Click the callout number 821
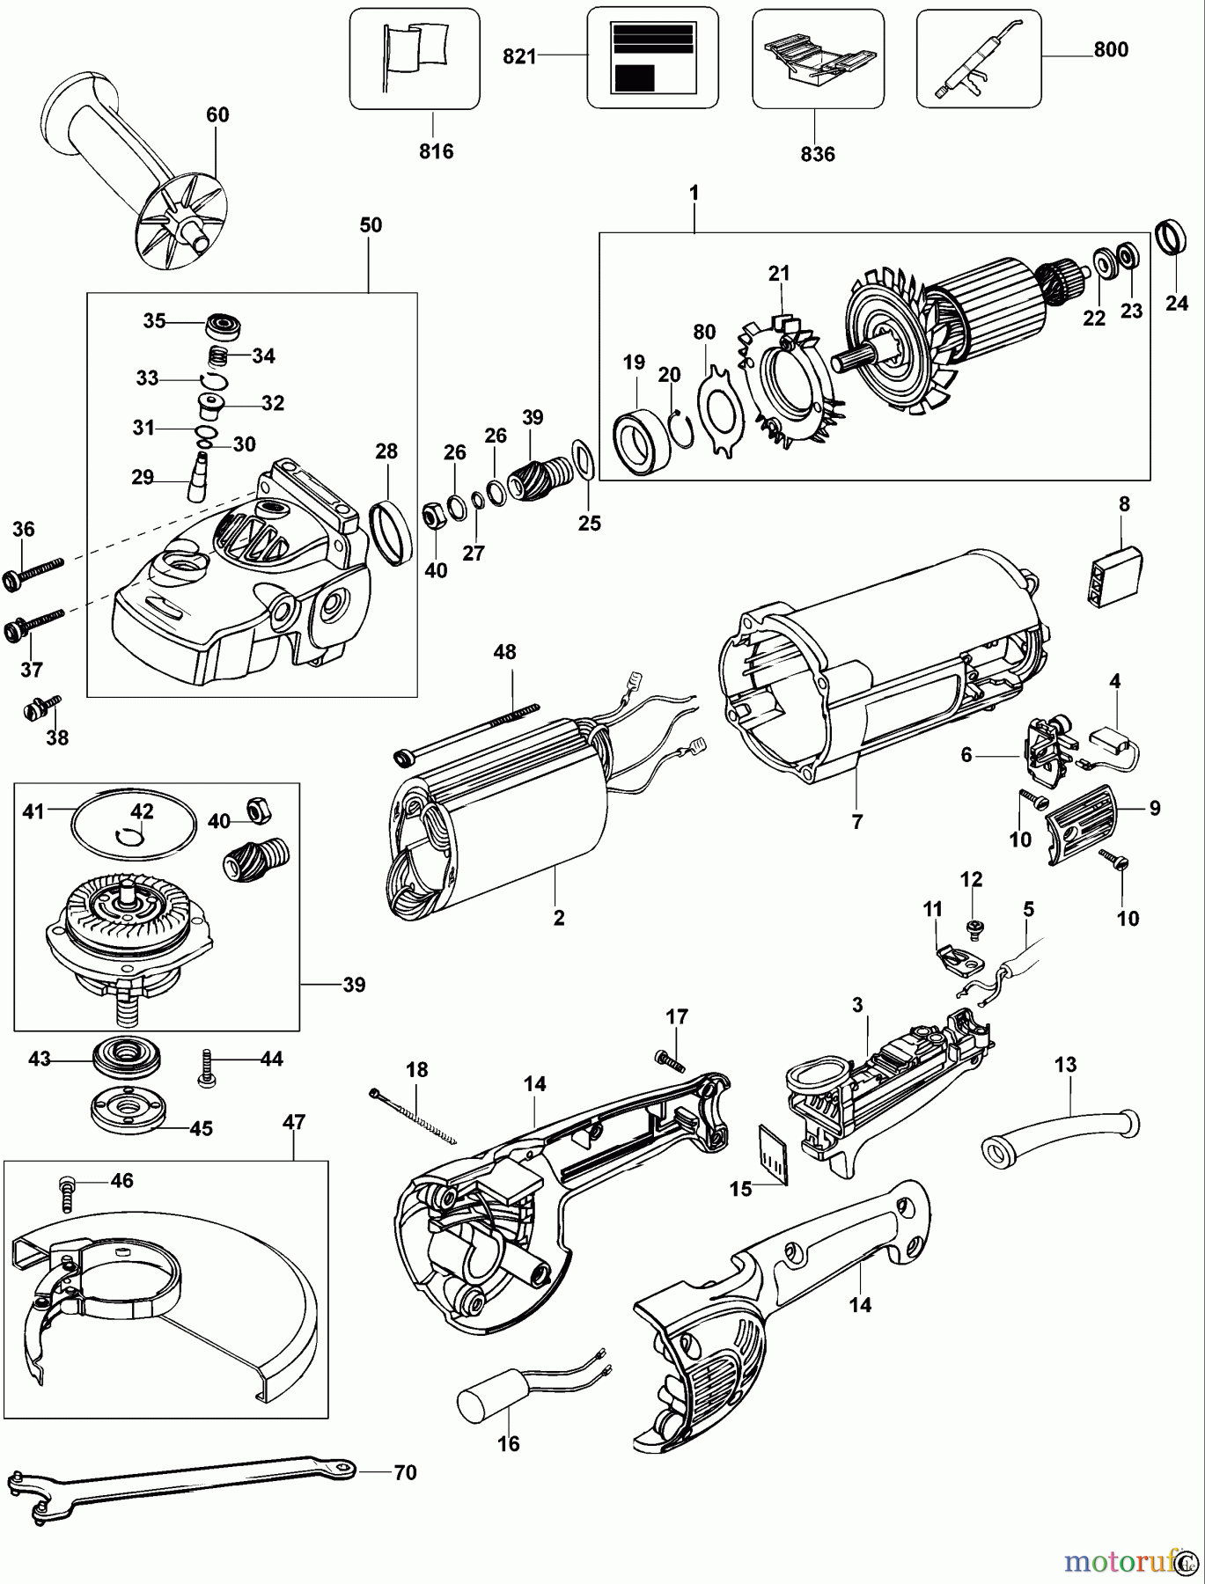point(519,56)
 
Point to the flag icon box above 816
point(415,58)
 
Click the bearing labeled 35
point(224,325)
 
